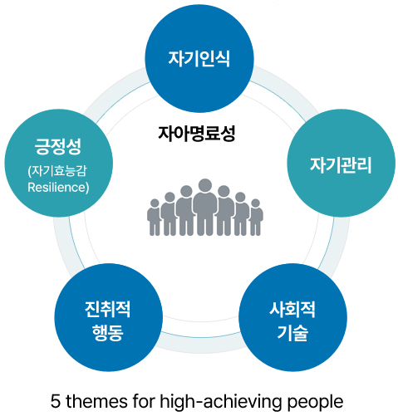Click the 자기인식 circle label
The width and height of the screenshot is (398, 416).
(x=199, y=59)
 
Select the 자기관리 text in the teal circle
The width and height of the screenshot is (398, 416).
(x=341, y=165)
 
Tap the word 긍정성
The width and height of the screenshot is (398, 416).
(x=58, y=146)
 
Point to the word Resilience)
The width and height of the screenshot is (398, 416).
(x=58, y=188)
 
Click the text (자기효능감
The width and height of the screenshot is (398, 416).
(x=57, y=170)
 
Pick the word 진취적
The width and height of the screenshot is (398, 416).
(x=107, y=309)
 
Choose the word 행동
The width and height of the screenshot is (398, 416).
(x=108, y=332)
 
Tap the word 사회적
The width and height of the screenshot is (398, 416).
(x=292, y=309)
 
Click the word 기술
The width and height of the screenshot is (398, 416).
(x=292, y=332)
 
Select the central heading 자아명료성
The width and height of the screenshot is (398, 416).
(x=197, y=134)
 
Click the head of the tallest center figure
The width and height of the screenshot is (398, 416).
(x=205, y=185)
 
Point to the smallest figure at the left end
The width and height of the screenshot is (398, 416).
(x=154, y=218)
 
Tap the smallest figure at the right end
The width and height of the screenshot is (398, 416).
(x=256, y=218)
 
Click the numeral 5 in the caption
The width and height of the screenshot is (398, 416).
(x=56, y=401)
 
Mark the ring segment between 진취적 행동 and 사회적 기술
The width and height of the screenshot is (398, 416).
(x=200, y=343)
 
